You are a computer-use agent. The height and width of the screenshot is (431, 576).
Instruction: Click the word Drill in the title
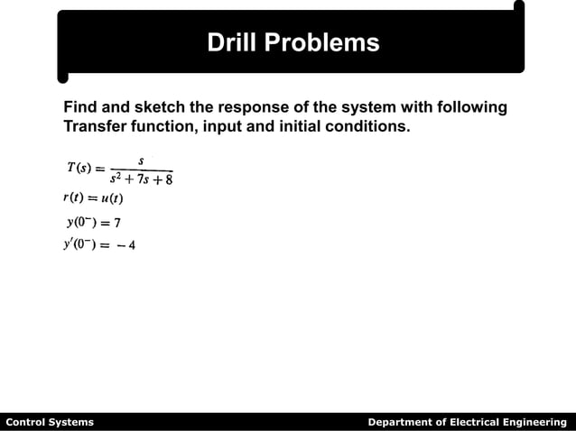232,42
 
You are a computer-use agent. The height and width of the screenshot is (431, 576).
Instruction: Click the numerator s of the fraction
140,160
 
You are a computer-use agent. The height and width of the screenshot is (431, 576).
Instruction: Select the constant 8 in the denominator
168,179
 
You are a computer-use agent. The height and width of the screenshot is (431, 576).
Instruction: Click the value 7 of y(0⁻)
117,223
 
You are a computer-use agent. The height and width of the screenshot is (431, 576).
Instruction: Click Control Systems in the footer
50,422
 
